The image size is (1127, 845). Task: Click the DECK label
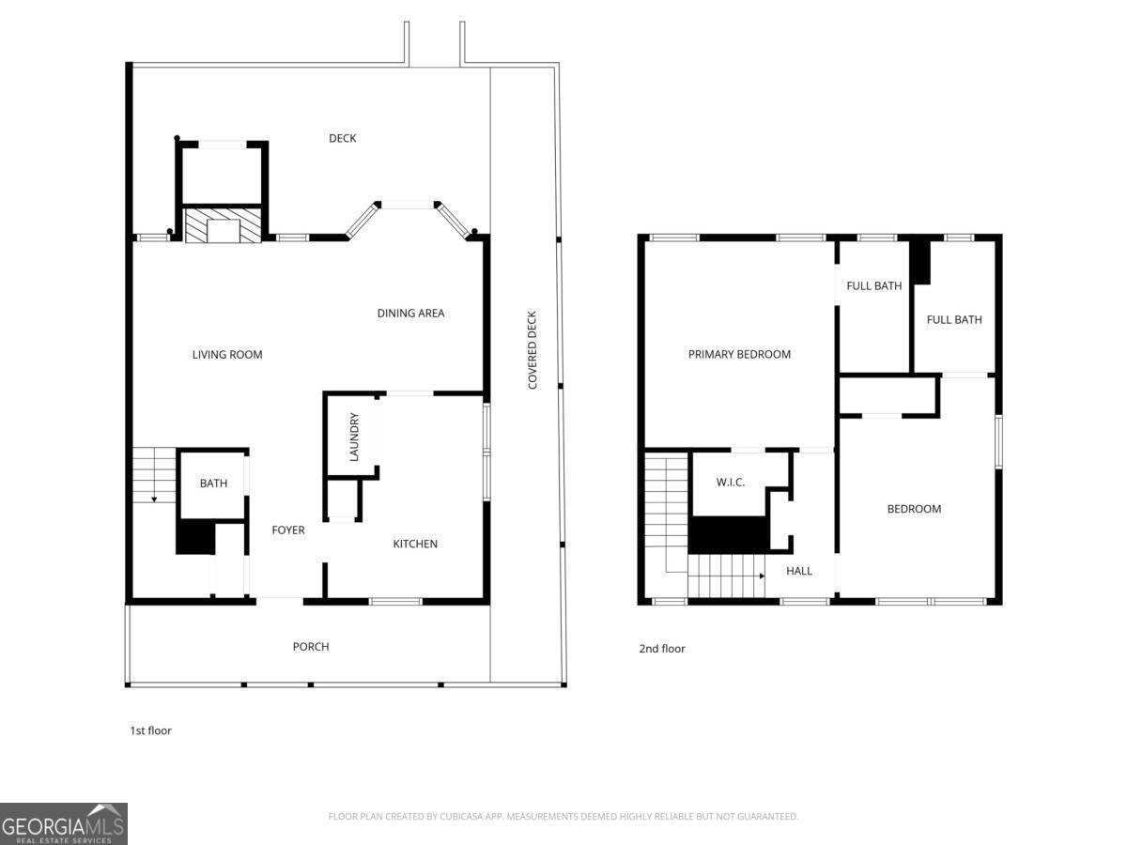pos(342,138)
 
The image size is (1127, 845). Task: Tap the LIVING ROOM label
pos(227,355)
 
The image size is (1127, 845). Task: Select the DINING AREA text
pos(410,313)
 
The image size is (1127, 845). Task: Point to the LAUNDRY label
pos(354,437)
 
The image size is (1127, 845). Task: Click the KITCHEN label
pos(415,544)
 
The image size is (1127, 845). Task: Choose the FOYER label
pos(288,530)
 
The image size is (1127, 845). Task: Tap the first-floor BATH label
pos(213,484)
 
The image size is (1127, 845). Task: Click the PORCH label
pos(311,647)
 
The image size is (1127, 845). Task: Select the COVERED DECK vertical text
pos(532,350)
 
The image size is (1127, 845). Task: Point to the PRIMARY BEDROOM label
pos(739,354)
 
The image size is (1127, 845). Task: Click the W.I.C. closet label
pos(730,483)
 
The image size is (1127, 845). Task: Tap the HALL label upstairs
pos(799,571)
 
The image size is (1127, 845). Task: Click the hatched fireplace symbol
pos(223,224)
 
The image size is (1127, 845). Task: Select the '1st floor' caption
pos(150,730)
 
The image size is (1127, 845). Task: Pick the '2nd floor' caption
pos(662,649)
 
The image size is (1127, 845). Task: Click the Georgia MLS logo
pos(63,823)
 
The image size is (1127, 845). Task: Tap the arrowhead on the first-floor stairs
pos(154,499)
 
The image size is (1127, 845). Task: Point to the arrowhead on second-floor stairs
pos(763,576)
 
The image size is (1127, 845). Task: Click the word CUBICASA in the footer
pos(460,816)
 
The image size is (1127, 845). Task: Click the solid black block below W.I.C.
pos(728,534)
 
